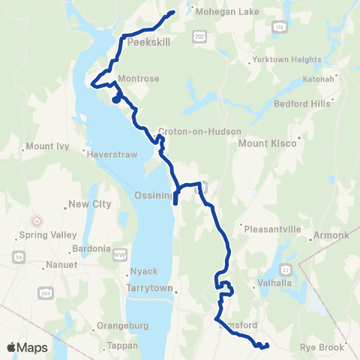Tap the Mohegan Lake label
pos(222,11)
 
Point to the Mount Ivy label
pos(47,145)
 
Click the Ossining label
pos(153,194)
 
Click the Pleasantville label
pos(269,229)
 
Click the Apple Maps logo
pos(27,347)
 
